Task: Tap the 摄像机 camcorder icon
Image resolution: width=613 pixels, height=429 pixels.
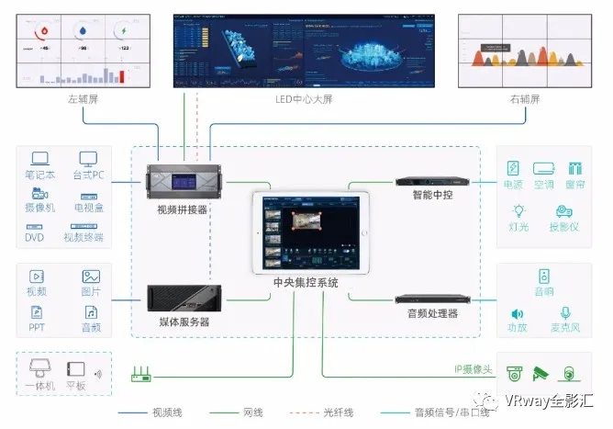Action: pos(40,193)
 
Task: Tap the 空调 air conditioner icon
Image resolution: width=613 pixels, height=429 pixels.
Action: pos(544,168)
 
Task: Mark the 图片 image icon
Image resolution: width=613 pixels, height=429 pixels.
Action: pos(90,276)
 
